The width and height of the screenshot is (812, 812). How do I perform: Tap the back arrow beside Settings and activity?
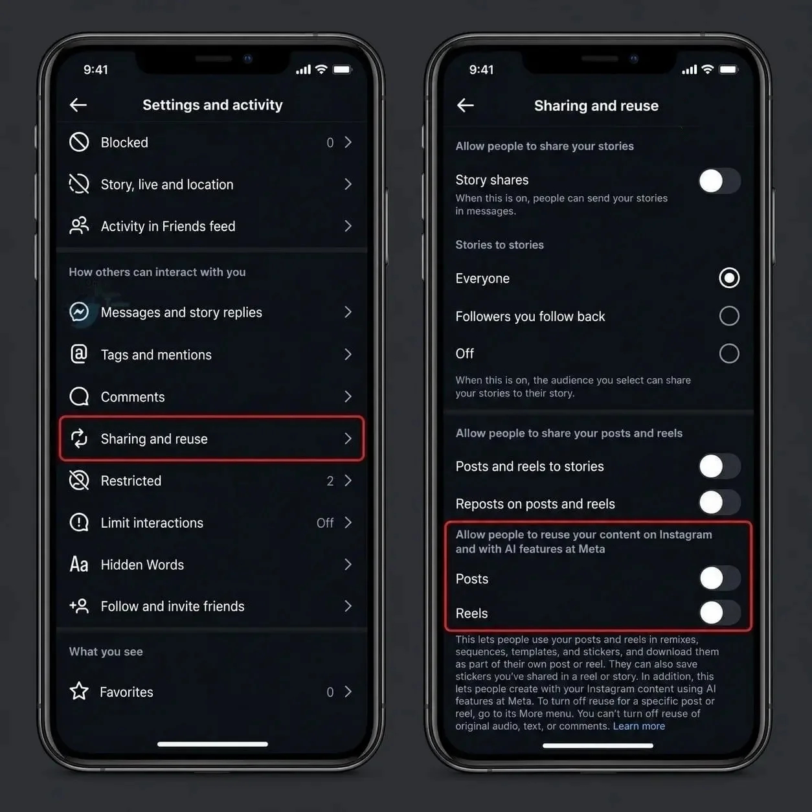78,105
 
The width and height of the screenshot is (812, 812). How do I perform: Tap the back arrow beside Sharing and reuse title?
465,106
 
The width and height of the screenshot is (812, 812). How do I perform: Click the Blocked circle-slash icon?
79,142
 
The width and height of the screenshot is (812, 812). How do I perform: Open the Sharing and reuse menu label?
154,439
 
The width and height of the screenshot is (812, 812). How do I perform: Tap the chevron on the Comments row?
348,396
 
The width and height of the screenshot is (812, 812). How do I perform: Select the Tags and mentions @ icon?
79,354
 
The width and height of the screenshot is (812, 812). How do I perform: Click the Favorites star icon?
79,692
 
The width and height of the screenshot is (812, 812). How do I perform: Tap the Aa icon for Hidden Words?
79,565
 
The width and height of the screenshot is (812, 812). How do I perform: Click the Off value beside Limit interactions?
325,523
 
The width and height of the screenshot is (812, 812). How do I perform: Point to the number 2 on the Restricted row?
330,481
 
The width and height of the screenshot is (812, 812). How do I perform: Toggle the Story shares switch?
719,181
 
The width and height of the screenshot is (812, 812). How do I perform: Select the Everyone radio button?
729,278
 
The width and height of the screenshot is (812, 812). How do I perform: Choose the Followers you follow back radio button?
729,316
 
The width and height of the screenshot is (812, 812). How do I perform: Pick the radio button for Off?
729,354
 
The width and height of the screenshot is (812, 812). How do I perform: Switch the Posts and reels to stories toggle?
719,466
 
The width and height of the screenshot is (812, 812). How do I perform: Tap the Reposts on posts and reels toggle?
719,502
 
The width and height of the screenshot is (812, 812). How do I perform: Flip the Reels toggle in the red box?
719,613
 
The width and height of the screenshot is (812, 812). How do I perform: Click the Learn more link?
639,726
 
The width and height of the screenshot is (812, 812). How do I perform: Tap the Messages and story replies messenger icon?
79,312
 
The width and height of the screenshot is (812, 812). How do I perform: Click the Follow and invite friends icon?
79,606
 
